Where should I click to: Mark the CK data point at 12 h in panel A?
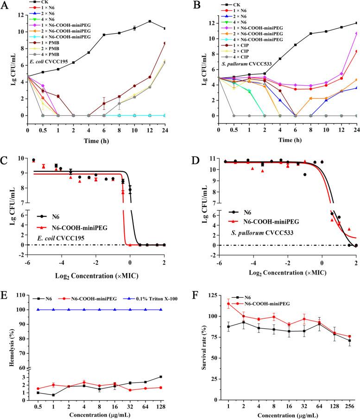pos(150,21)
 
